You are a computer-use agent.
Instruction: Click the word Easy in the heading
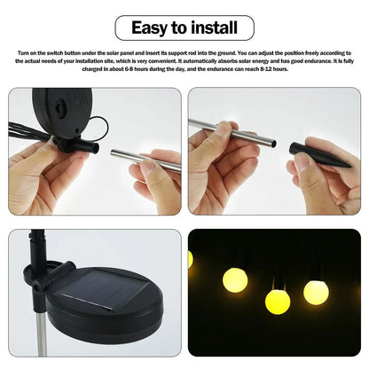[x=150, y=27]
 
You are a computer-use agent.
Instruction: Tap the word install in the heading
[x=212, y=27]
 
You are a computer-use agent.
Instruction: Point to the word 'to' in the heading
[x=180, y=27]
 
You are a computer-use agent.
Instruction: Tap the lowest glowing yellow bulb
[x=278, y=302]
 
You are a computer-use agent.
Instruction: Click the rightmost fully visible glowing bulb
[x=316, y=291]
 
